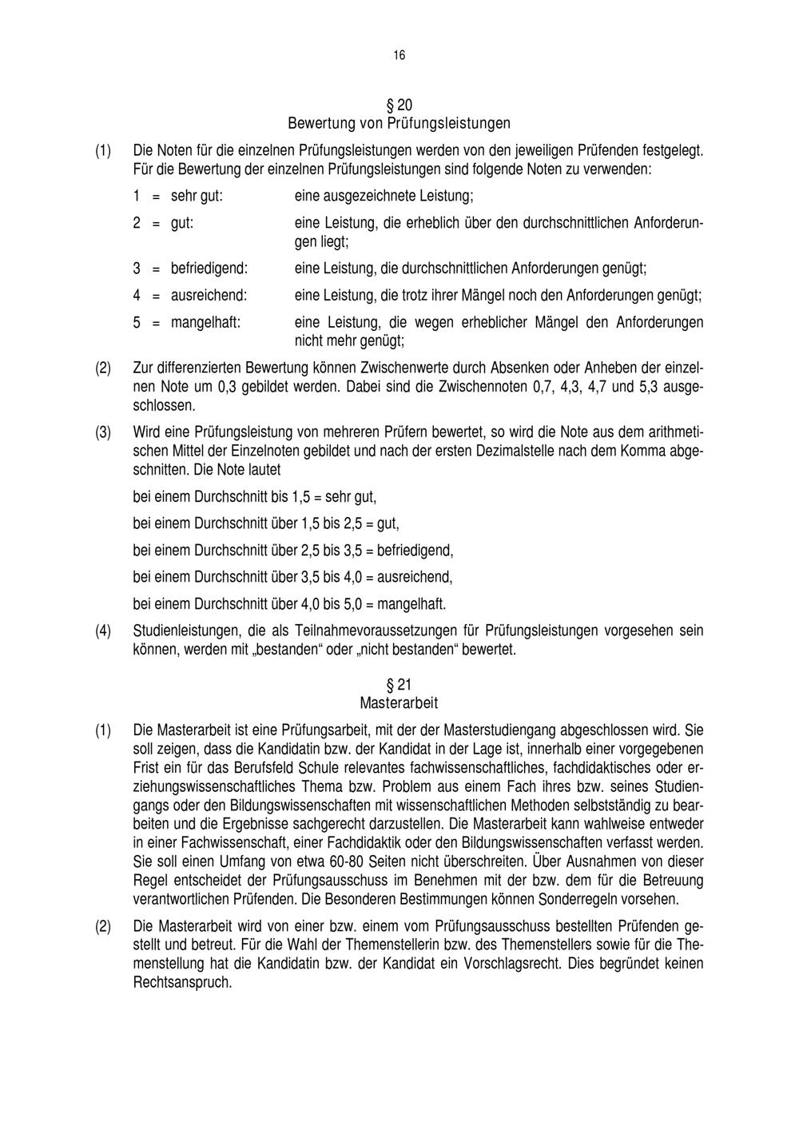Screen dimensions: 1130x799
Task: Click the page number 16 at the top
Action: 399,55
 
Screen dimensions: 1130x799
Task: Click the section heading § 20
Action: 399,105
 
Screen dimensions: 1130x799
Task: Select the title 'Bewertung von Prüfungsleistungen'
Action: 399,124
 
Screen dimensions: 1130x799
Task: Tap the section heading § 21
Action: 399,685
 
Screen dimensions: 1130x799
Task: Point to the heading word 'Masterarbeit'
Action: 399,703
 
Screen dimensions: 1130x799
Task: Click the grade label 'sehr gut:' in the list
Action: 197,195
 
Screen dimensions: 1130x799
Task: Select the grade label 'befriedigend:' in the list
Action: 209,269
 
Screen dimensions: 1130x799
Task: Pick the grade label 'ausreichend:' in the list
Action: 209,296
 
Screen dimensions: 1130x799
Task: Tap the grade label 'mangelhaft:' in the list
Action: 206,323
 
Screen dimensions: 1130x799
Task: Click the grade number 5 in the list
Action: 137,323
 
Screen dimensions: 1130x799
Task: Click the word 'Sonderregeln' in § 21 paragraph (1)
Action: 581,899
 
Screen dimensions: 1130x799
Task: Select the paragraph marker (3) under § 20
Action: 103,432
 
